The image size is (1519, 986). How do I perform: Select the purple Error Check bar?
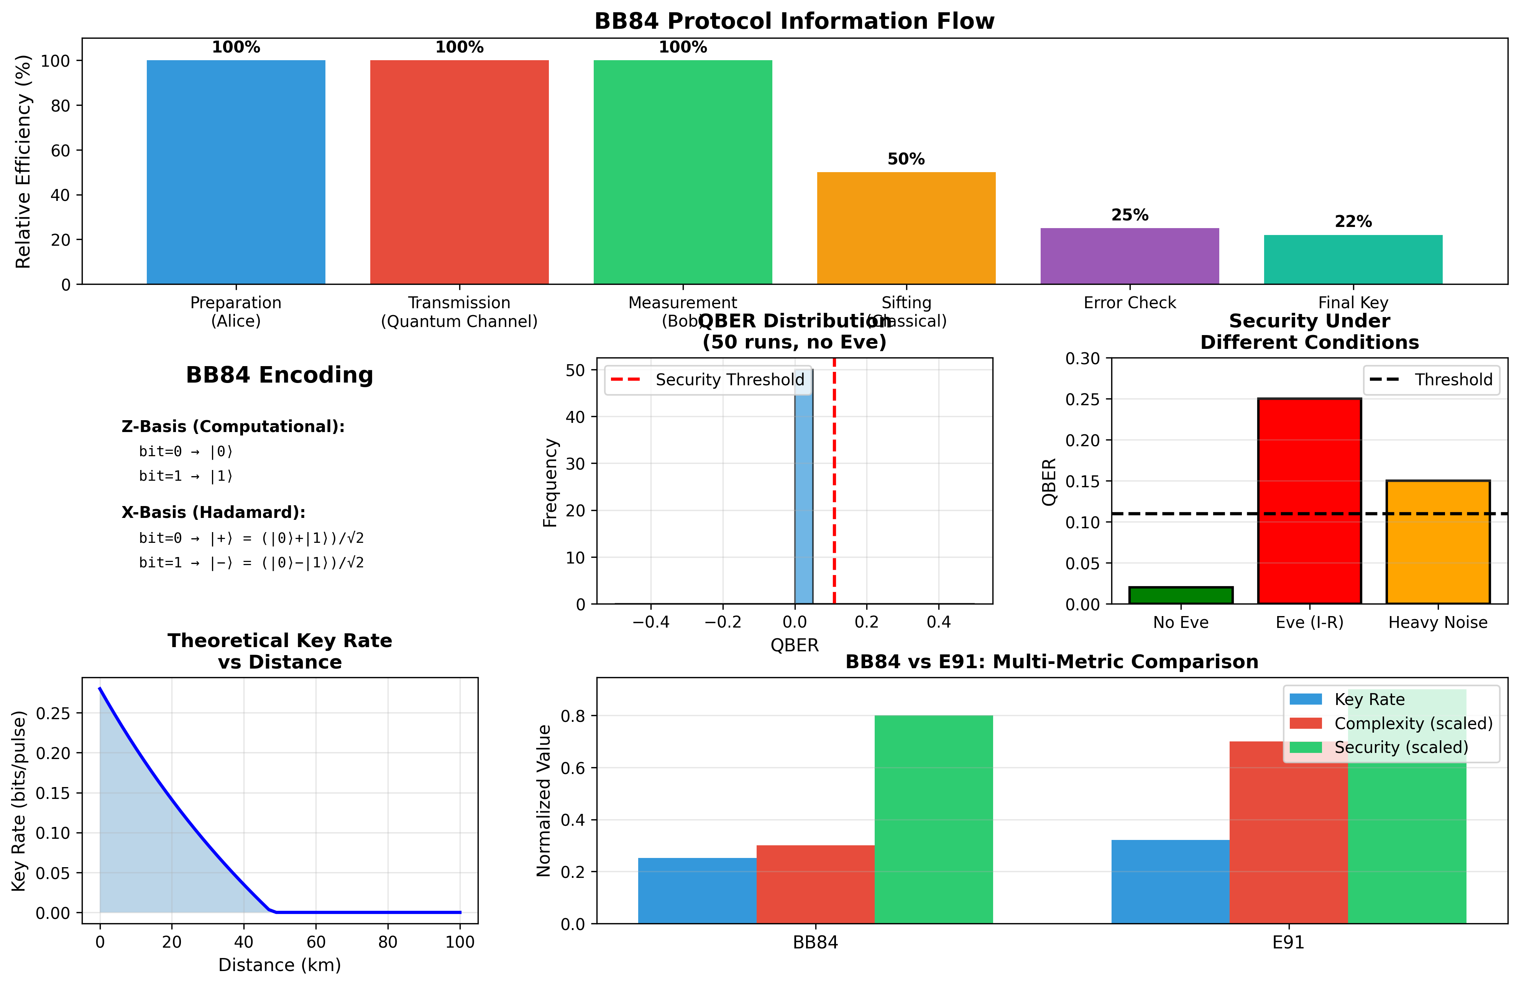[x=1129, y=256]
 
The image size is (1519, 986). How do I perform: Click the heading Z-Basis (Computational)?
[x=233, y=426]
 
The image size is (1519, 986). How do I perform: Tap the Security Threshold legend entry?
[x=708, y=380]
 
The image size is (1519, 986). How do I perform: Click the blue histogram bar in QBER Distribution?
[x=803, y=491]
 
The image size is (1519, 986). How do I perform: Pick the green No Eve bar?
[x=1181, y=595]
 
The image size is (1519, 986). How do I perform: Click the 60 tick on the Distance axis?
[x=316, y=942]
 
